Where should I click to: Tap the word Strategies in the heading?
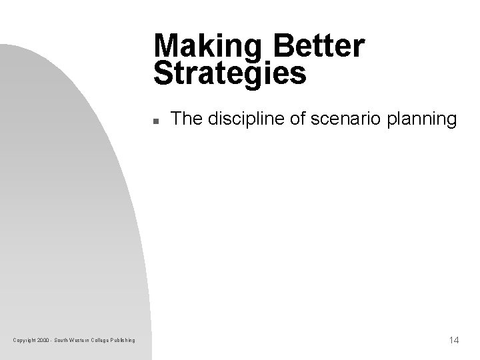click(x=229, y=74)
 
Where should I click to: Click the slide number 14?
click(x=454, y=341)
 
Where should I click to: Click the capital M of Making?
click(x=165, y=47)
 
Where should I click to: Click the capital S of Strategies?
click(x=163, y=73)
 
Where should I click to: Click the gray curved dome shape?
click(x=60, y=200)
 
